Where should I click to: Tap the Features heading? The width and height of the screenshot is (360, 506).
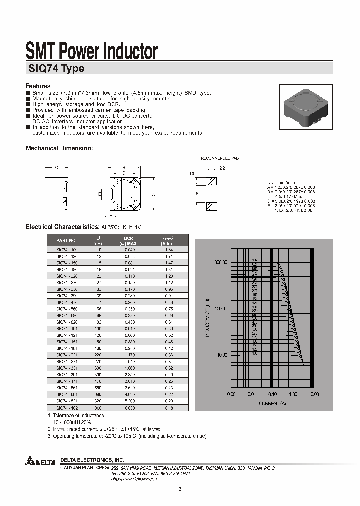point(38,86)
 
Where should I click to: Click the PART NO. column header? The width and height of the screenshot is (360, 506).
point(67,240)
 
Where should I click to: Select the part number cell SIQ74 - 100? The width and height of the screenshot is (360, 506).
point(67,249)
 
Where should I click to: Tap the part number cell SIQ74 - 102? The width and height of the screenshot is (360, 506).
point(67,408)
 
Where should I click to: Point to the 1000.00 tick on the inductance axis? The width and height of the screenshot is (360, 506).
point(220,262)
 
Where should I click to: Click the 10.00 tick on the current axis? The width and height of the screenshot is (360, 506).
point(313,394)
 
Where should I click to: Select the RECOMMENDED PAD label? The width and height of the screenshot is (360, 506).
point(220,158)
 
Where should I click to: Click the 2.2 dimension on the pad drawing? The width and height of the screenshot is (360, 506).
point(222,169)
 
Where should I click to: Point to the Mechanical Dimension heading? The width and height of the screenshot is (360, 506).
point(59,148)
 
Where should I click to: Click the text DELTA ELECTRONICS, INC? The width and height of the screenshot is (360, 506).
point(92,459)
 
